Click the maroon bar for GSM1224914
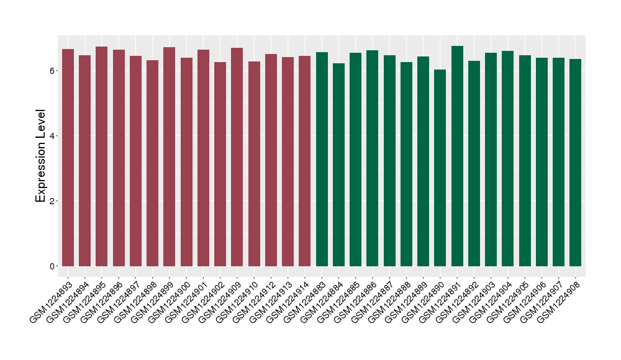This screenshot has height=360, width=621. coord(304,161)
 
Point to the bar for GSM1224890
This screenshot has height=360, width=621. coord(440,168)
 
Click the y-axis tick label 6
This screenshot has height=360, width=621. coord(54,71)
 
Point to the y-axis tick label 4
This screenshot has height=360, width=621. coord(54,136)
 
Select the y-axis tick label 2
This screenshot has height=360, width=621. coord(54,201)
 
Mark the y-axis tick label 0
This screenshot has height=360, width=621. coord(54,266)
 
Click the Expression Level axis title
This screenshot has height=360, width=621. coord(41,156)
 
